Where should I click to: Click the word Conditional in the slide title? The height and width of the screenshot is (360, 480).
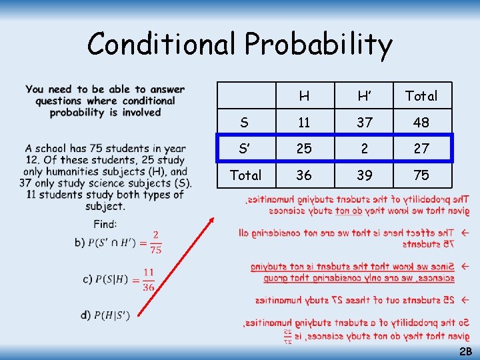163,44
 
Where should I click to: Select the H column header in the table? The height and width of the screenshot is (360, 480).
304,96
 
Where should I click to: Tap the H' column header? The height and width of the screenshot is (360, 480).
364,96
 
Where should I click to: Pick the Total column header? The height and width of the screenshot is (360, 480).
421,96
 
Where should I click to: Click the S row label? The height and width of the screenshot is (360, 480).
245,123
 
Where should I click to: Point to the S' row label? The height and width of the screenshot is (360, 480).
245,149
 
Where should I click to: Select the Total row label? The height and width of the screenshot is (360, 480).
245,175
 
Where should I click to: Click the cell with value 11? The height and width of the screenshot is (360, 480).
304,123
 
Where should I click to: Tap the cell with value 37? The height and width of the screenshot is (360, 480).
364,123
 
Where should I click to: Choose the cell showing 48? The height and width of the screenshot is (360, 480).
421,123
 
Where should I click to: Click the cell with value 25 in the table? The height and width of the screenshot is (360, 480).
304,149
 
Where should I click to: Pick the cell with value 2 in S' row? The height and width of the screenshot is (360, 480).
364,149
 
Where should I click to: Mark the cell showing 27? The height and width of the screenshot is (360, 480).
421,149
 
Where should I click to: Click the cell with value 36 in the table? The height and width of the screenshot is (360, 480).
304,175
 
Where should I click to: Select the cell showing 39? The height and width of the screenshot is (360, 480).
364,175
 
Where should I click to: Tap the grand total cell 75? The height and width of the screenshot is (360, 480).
421,175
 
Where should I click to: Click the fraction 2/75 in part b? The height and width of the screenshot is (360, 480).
155,243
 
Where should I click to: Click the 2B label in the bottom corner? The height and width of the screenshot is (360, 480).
465,351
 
